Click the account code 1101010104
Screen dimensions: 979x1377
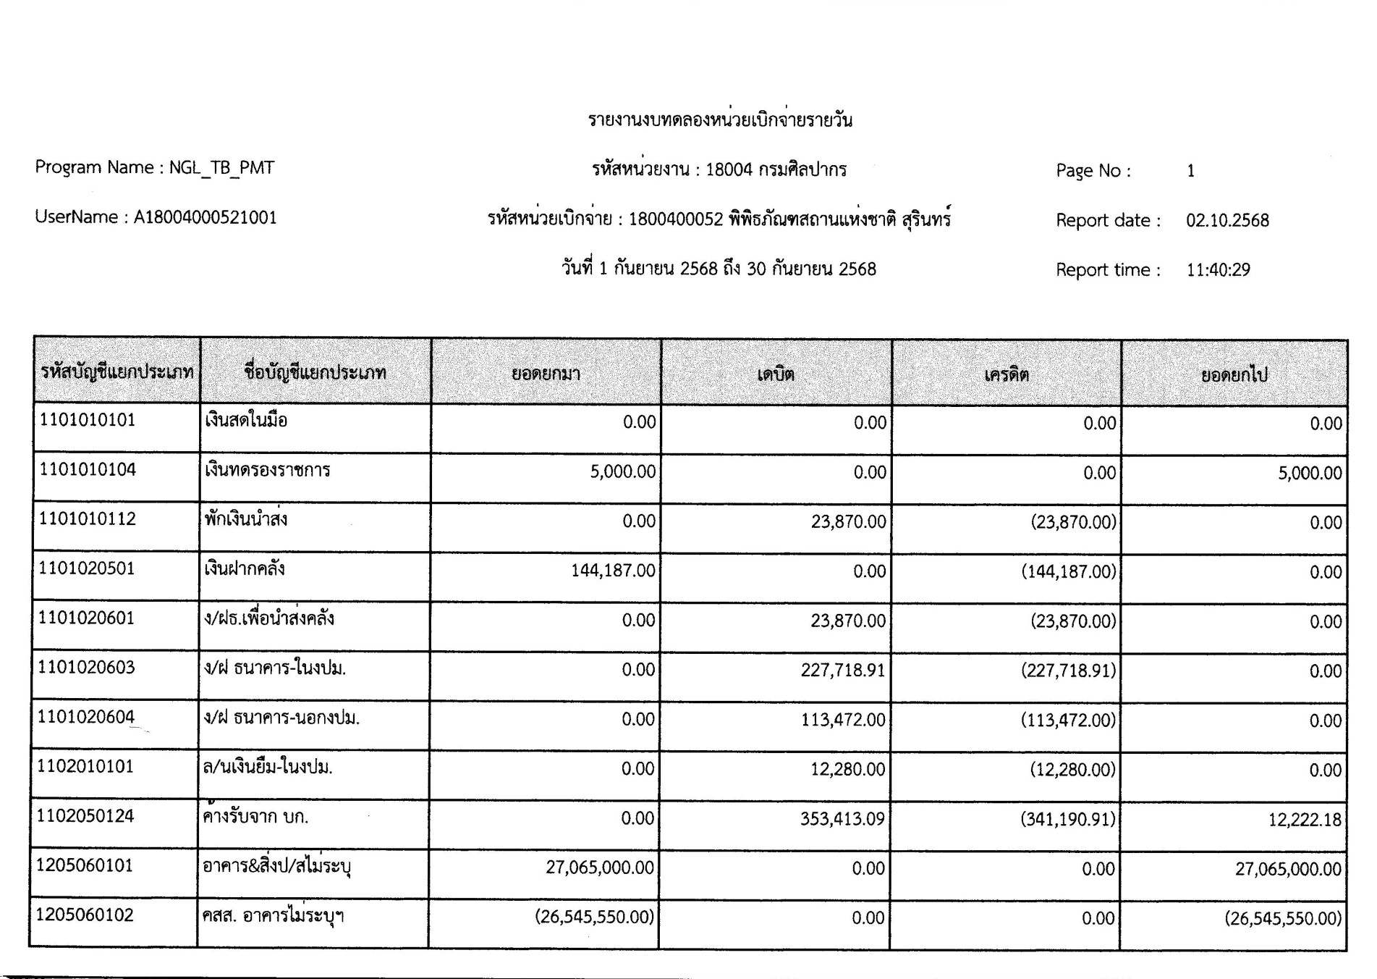(x=88, y=470)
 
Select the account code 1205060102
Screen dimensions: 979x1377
(x=85, y=915)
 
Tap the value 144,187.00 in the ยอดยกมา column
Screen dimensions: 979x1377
(x=613, y=571)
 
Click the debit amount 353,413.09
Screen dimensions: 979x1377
(x=842, y=819)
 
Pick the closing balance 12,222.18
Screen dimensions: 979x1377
(x=1304, y=820)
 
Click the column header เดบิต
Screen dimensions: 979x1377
(x=776, y=374)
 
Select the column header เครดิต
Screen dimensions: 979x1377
(x=1007, y=374)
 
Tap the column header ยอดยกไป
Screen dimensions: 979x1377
(x=1234, y=375)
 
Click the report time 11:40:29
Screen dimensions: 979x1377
(x=1218, y=270)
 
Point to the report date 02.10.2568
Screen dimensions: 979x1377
(x=1227, y=221)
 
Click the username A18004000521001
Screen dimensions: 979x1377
(x=205, y=218)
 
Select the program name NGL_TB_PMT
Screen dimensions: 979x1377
(x=221, y=168)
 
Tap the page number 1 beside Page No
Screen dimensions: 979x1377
(x=1190, y=171)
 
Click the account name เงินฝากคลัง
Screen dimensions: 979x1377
(x=245, y=569)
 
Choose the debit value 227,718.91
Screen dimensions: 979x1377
(x=842, y=671)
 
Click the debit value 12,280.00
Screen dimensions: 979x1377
(x=847, y=769)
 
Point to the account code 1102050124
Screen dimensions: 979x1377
(x=85, y=816)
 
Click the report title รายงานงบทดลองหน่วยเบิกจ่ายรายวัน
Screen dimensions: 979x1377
(x=720, y=120)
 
